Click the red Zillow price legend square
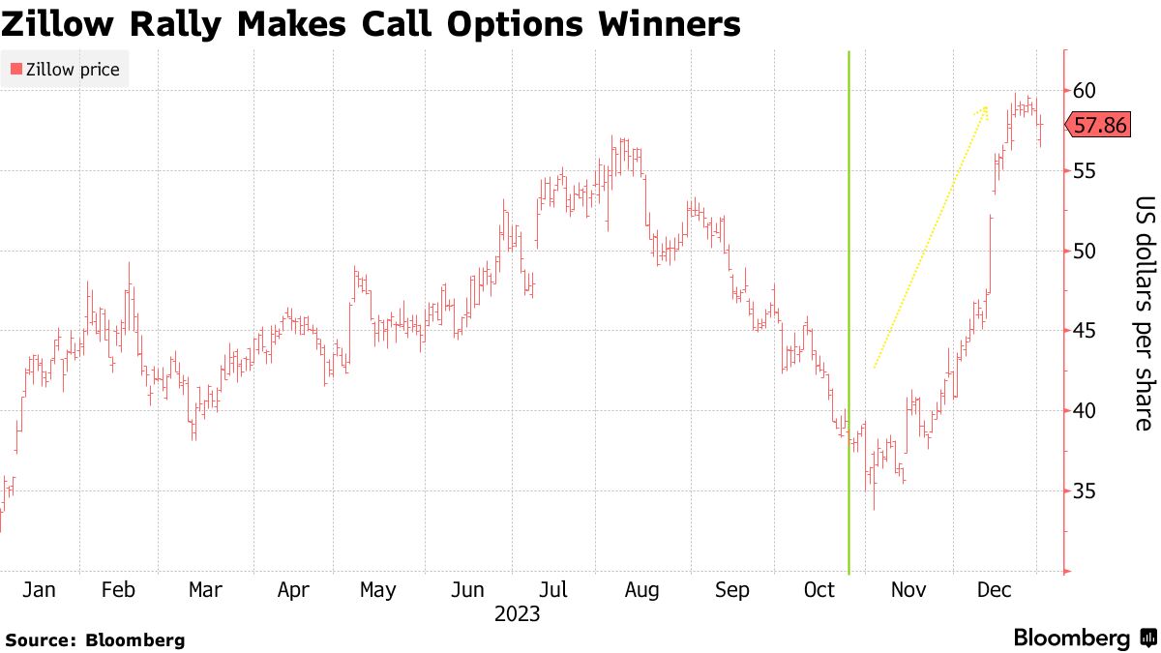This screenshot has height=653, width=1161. (15, 70)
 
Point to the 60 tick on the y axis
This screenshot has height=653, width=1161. (1084, 91)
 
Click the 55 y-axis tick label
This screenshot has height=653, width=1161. (1084, 171)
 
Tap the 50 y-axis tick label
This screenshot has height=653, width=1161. (1084, 252)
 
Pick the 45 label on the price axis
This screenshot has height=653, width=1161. (1084, 332)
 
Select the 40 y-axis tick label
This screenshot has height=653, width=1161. (1084, 411)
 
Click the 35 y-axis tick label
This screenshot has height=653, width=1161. (1084, 491)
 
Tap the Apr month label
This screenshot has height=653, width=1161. (293, 590)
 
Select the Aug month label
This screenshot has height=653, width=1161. (641, 590)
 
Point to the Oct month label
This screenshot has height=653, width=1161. (819, 590)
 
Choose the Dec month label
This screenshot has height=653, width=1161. (993, 590)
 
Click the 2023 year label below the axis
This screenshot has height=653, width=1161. (517, 614)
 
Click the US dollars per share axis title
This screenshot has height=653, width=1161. (1144, 313)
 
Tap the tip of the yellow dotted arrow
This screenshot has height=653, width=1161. (986, 106)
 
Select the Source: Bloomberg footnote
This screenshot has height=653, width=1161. (94, 640)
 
